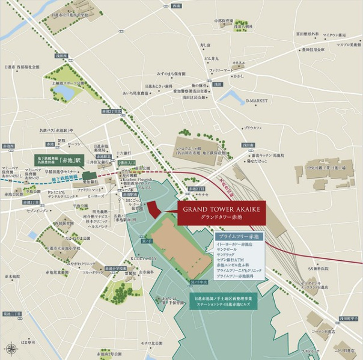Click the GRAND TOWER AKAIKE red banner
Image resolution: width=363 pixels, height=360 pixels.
pos(221,213)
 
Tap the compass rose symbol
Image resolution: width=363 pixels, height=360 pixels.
pos(11,348)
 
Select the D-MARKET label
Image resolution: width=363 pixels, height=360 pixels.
pos(256,101)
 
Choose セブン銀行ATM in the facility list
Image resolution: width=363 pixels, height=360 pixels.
pos(231,259)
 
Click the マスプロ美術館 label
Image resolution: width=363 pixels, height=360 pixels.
pos(348,44)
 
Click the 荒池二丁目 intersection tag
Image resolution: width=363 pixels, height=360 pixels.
pos(11,314)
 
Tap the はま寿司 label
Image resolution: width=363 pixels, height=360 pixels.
pos(28,342)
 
